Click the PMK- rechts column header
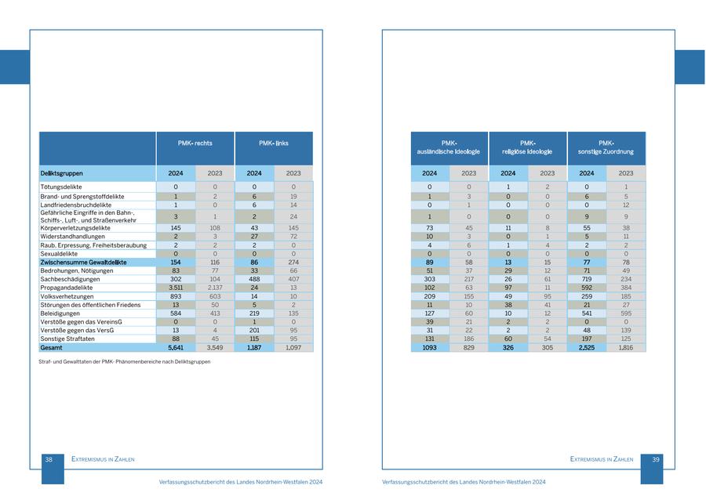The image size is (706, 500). pyautogui.click(x=195, y=143)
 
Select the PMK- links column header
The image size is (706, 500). pyautogui.click(x=273, y=143)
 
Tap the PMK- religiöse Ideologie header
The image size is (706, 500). pyautogui.click(x=528, y=147)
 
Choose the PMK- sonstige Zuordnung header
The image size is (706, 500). pyautogui.click(x=606, y=147)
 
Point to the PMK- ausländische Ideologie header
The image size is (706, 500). pyautogui.click(x=449, y=147)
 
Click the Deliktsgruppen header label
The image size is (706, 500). pyautogui.click(x=62, y=173)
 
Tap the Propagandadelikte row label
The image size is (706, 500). pyautogui.click(x=67, y=288)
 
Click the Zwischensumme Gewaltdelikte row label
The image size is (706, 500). pyautogui.click(x=83, y=263)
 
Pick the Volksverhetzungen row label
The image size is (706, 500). pyautogui.click(x=67, y=296)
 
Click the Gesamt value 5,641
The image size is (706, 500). pyautogui.click(x=176, y=347)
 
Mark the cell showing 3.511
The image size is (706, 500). pyautogui.click(x=176, y=288)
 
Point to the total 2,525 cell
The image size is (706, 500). pyautogui.click(x=587, y=347)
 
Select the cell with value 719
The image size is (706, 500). pyautogui.click(x=587, y=279)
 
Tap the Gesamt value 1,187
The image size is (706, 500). pyautogui.click(x=254, y=347)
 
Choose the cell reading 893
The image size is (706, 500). pyautogui.click(x=176, y=296)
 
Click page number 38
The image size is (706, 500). pyautogui.click(x=49, y=460)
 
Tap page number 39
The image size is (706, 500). pyautogui.click(x=656, y=460)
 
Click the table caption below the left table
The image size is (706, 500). pyautogui.click(x=125, y=362)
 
